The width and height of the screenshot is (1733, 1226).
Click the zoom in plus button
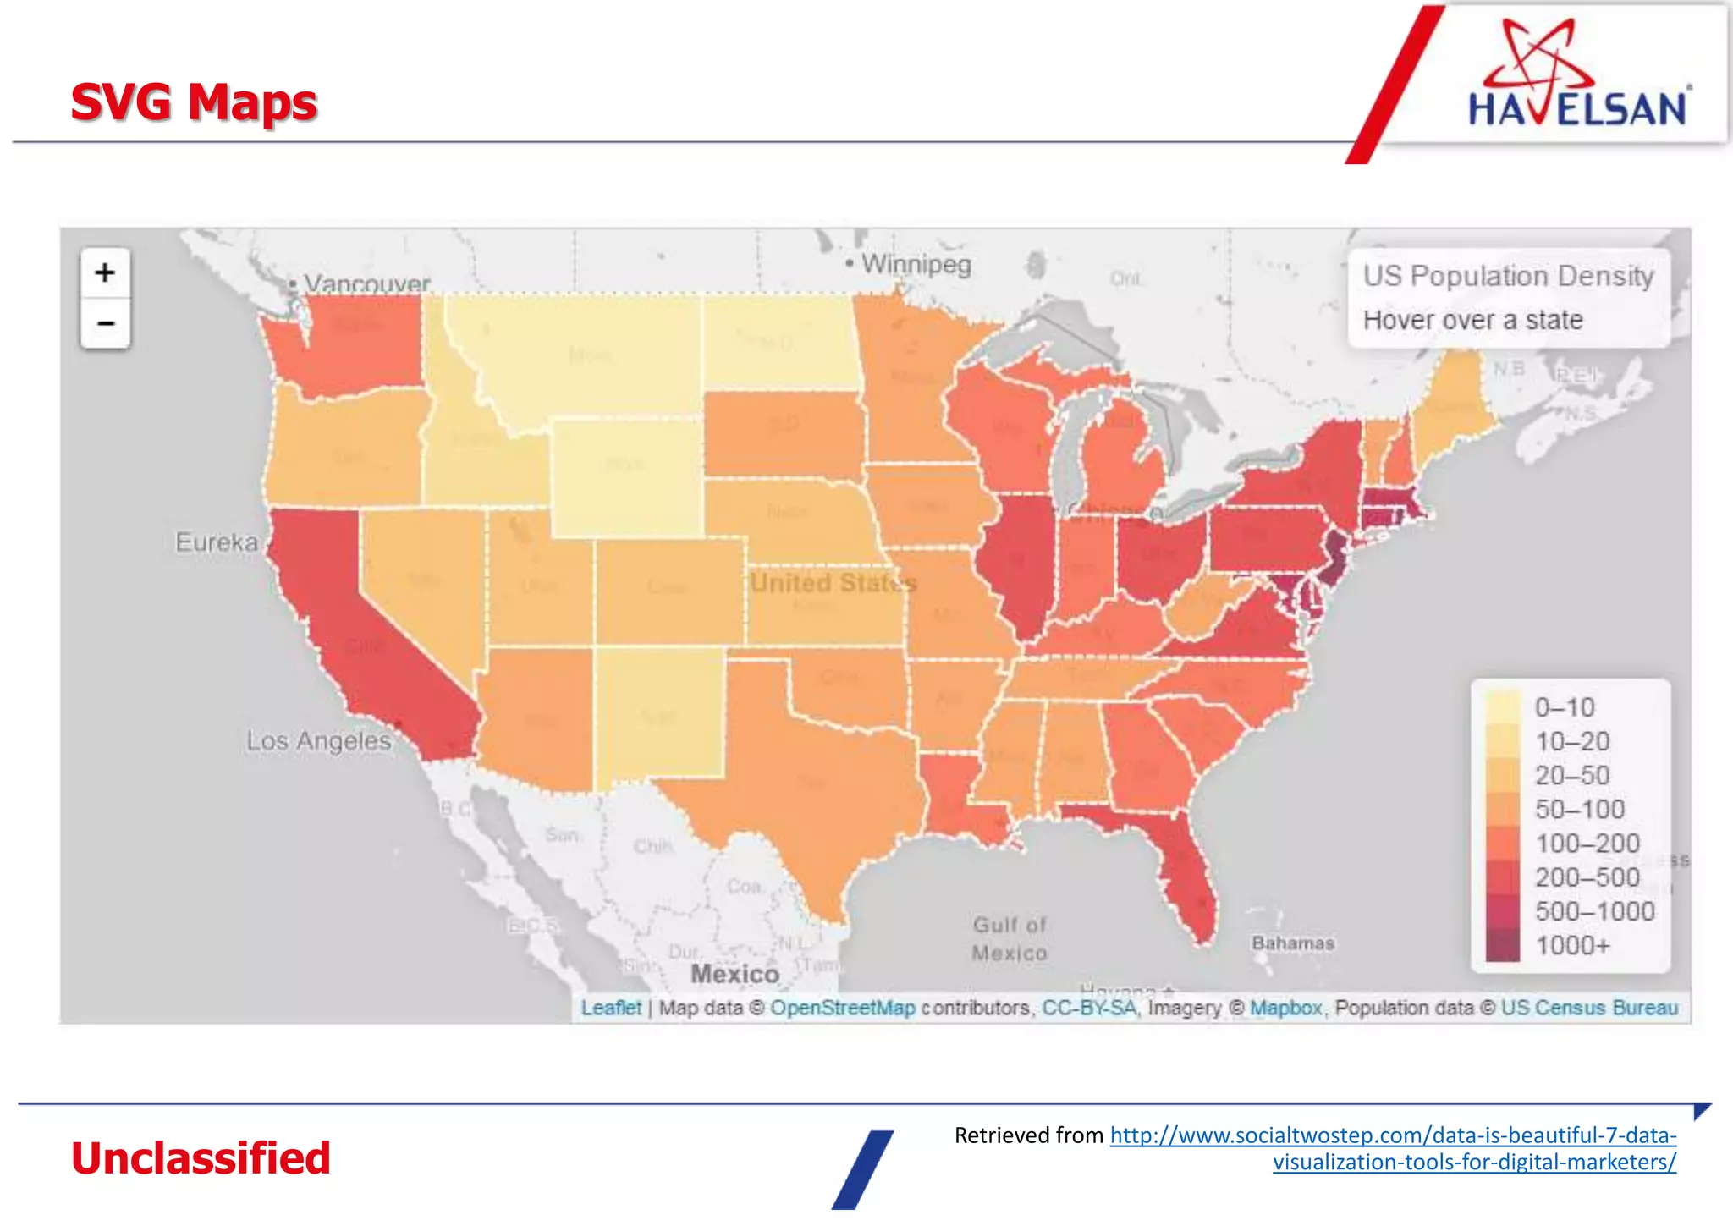(105, 272)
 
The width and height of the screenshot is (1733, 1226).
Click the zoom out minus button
(105, 323)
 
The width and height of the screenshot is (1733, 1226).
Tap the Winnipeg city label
(915, 264)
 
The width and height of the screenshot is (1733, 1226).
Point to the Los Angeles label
(319, 741)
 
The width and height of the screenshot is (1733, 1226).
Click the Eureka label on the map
(217, 542)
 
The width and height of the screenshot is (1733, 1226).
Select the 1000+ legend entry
(1572, 945)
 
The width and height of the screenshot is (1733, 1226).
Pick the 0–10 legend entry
(1564, 707)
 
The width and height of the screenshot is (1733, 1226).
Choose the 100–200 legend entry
(1587, 844)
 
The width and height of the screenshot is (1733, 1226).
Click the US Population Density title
(1508, 276)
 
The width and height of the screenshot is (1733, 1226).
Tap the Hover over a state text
(1472, 320)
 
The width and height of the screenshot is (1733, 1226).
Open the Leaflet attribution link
(611, 1008)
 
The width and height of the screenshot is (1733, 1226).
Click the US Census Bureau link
(1589, 1008)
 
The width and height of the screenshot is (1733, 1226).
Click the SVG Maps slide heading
(194, 102)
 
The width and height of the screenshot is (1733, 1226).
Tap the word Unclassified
(201, 1158)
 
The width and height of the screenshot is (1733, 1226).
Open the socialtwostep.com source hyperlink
(1393, 1135)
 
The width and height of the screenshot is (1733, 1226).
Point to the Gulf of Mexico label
(1010, 938)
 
